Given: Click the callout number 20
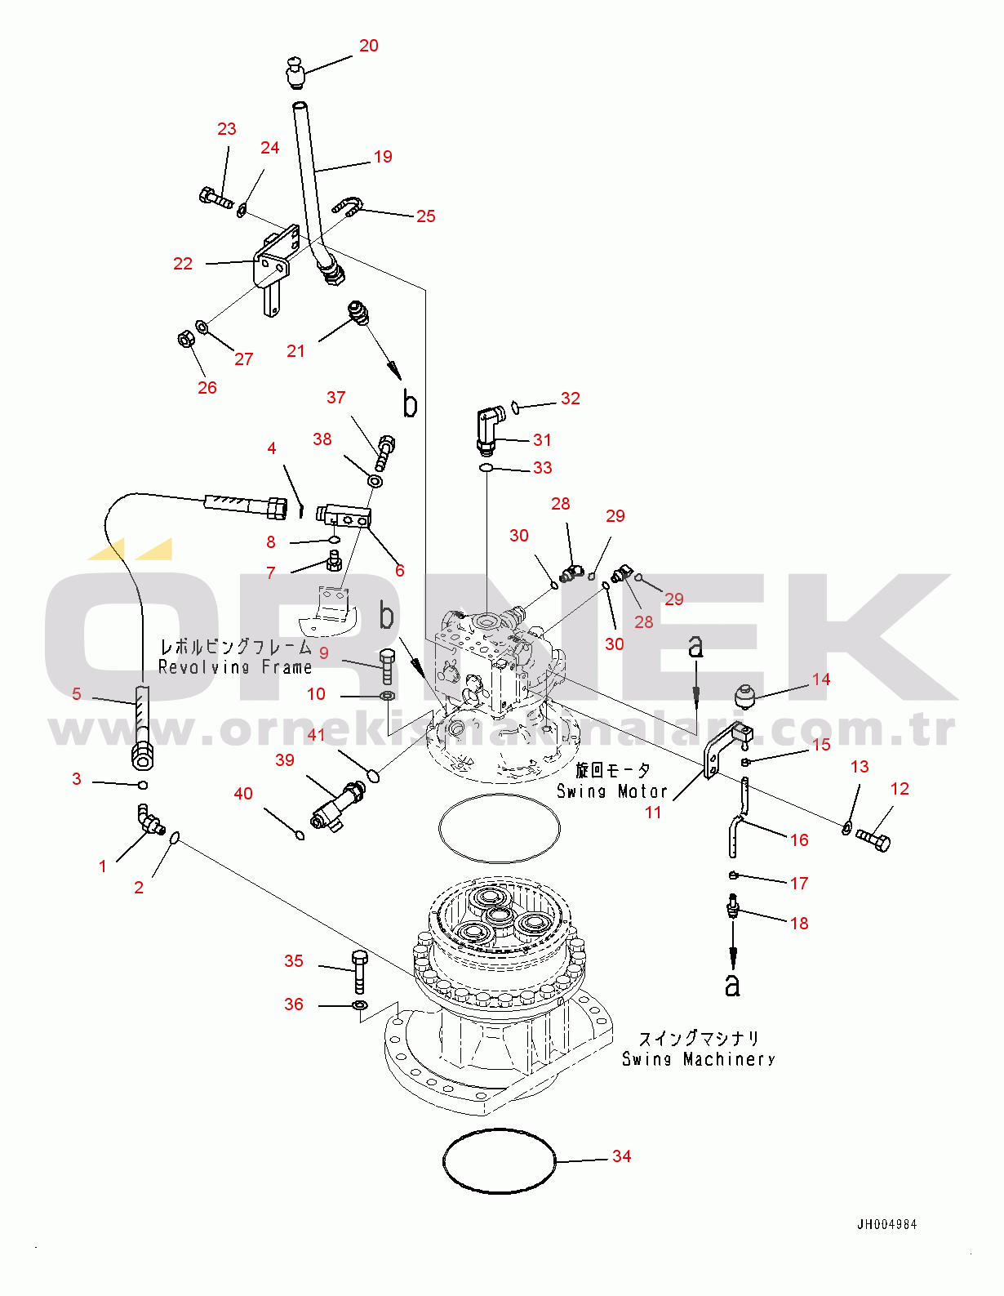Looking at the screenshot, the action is coord(369,46).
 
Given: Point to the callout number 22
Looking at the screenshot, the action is coord(183,264).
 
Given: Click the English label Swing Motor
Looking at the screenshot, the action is coord(612,791).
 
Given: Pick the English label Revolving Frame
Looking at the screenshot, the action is coord(235,667).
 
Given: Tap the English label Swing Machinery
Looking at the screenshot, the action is coord(699,1059).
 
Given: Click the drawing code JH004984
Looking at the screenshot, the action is coord(886,1224).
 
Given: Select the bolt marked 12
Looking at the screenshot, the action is coord(873,840).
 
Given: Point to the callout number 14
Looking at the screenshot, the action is coord(821,679).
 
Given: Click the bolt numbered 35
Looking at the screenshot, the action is coord(359,971).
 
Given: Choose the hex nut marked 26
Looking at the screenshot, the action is coord(184,337).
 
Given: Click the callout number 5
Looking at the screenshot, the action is coord(77,693).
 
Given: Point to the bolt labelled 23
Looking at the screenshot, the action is coord(215,197).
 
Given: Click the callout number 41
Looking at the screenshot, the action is coord(317,735).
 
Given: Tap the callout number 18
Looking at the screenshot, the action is coord(799,924).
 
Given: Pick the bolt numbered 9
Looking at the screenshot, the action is coord(387,666).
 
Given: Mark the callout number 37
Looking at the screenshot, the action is coord(336,398).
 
